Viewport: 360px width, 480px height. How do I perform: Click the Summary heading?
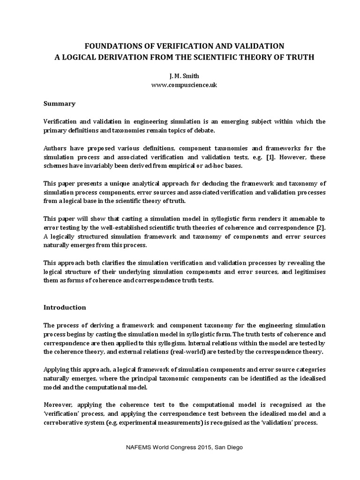click(x=60, y=103)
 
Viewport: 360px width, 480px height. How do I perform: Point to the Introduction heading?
click(x=65, y=307)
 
